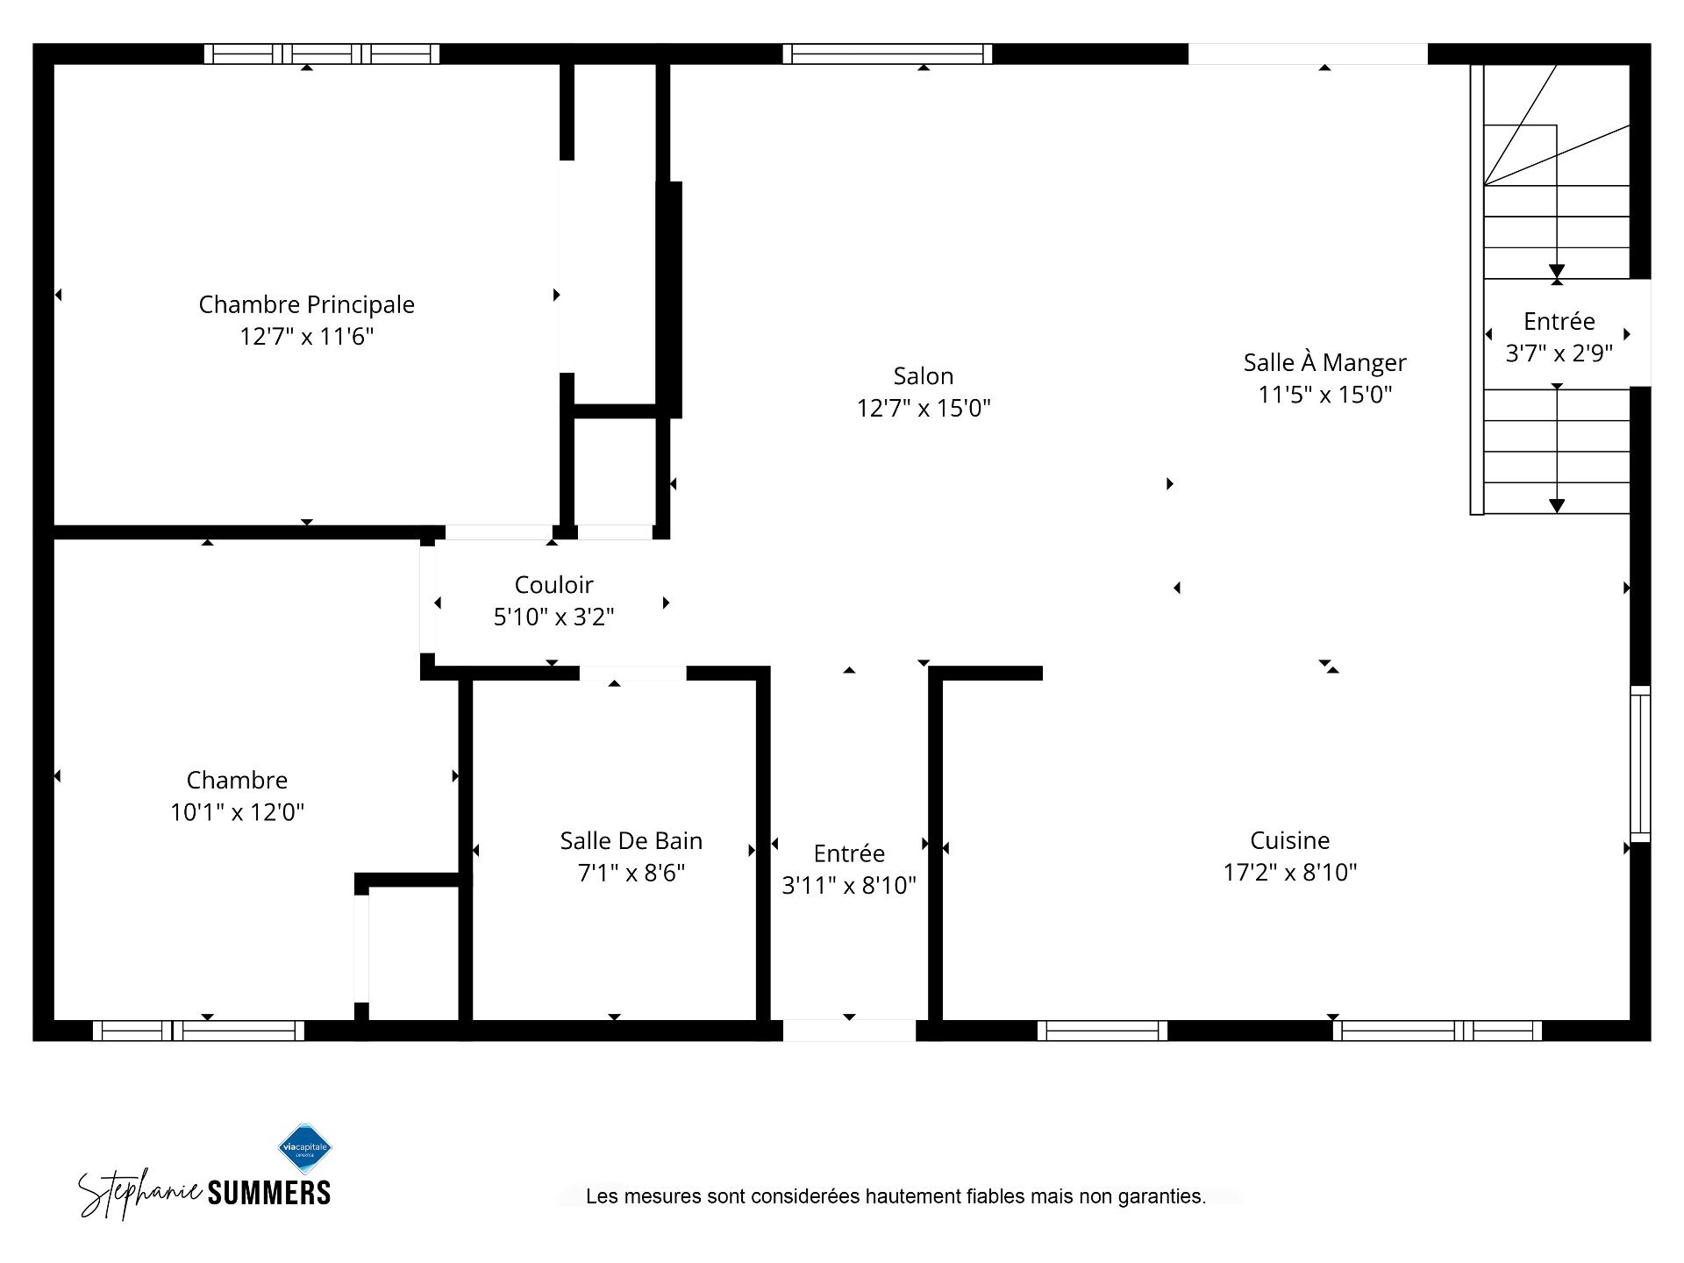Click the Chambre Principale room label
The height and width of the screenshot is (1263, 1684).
click(x=306, y=304)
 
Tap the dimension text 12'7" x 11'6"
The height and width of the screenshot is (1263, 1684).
click(x=306, y=336)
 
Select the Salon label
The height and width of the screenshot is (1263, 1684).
click(x=923, y=375)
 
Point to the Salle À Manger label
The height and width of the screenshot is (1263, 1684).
click(x=1324, y=361)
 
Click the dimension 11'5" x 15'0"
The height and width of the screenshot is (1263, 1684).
click(x=1324, y=394)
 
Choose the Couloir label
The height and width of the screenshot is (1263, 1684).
click(x=553, y=584)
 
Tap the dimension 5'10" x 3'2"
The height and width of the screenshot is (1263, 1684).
click(x=553, y=617)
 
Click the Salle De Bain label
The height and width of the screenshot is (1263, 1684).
click(x=631, y=840)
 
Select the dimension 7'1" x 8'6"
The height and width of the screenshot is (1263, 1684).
click(x=631, y=873)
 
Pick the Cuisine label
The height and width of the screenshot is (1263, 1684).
click(x=1289, y=840)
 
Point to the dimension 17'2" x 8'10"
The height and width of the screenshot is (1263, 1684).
click(x=1289, y=872)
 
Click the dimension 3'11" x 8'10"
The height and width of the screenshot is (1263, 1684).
click(x=848, y=885)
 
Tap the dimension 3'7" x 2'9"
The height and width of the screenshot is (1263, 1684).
click(x=1559, y=353)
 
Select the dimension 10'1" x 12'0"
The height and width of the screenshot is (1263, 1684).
click(x=237, y=811)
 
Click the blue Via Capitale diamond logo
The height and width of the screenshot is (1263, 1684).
click(x=304, y=1148)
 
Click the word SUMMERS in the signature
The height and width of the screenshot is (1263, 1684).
click(x=268, y=1193)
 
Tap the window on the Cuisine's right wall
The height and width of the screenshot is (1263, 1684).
click(x=1640, y=764)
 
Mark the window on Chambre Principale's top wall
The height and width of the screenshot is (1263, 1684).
click(x=322, y=54)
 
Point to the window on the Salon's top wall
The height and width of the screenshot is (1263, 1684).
click(x=888, y=54)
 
